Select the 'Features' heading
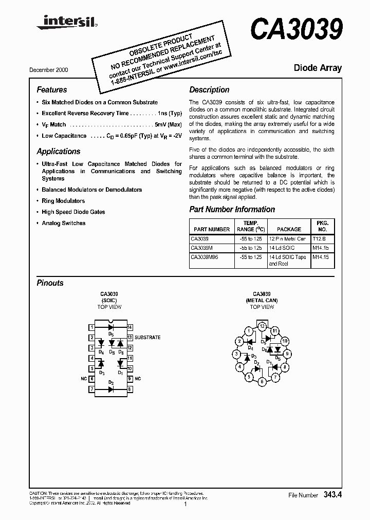pos(52,89)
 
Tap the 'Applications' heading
pos(59,152)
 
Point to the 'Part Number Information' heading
pos(232,210)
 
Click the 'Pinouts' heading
pos(50,283)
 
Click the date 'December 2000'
pos(48,69)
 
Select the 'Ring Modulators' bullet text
pos(63,201)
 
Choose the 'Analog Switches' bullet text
pos(64,223)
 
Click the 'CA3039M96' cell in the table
pos(205,257)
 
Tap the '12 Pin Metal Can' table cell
pos(287,239)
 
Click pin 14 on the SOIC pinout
pos(130,327)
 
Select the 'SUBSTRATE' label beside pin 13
pos(147,338)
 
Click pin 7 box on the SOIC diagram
pos(91,389)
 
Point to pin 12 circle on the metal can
pos(262,326)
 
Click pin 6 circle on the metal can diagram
pos(262,382)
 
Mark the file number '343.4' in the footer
pos(332,495)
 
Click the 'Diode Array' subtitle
pos(317,68)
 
